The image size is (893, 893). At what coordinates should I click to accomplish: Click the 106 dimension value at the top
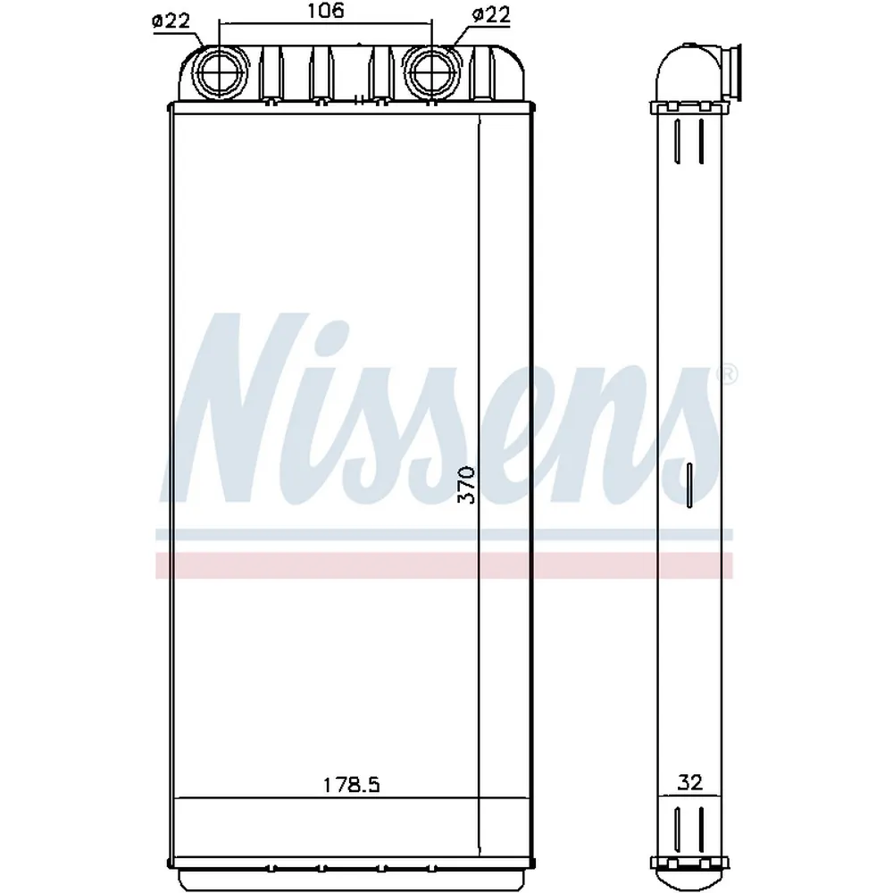[325, 11]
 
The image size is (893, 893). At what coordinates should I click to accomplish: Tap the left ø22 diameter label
[171, 21]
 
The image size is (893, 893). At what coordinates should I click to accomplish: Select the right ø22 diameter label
[491, 15]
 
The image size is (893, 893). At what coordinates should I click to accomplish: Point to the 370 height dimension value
[466, 485]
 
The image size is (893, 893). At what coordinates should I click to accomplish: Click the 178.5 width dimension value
[351, 785]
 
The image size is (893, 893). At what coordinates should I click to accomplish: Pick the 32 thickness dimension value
[689, 782]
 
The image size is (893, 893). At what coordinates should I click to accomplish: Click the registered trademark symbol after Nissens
[728, 375]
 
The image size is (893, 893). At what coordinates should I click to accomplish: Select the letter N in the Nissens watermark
[239, 409]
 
